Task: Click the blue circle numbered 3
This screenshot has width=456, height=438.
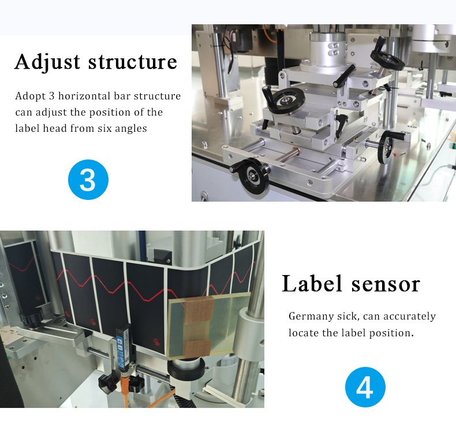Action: point(88,179)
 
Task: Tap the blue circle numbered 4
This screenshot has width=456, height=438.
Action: point(365,387)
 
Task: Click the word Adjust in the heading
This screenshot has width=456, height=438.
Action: point(47,62)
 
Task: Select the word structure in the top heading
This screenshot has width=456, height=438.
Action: point(133,62)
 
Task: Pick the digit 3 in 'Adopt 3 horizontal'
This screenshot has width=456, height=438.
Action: point(52,96)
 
